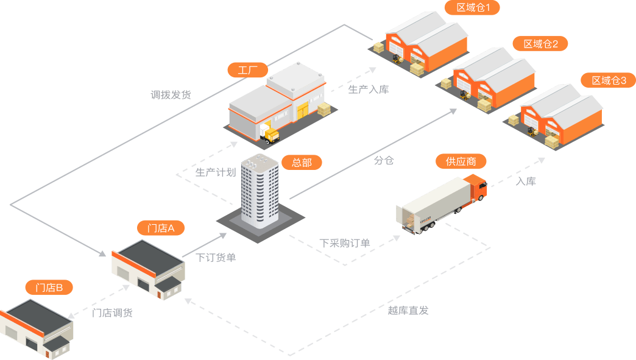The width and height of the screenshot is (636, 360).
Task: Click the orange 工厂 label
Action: tap(248, 70)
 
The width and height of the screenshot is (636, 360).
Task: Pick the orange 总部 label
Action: tap(302, 163)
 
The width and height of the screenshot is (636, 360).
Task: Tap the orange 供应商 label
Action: tap(461, 161)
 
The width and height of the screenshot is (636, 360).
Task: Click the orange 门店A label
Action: tap(161, 228)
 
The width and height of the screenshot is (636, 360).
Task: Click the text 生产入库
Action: tap(369, 89)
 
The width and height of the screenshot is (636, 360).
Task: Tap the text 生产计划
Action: tap(216, 172)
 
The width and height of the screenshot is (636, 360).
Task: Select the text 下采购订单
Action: tap(345, 243)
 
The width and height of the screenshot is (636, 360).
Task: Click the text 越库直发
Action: tap(408, 310)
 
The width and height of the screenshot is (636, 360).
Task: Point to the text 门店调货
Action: tap(112, 312)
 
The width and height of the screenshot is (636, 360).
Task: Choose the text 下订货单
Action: tap(216, 257)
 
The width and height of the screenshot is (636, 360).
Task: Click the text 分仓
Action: tap(384, 160)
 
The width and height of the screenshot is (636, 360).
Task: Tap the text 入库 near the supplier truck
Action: tap(526, 181)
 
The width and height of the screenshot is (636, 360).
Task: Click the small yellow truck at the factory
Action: tap(269, 134)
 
